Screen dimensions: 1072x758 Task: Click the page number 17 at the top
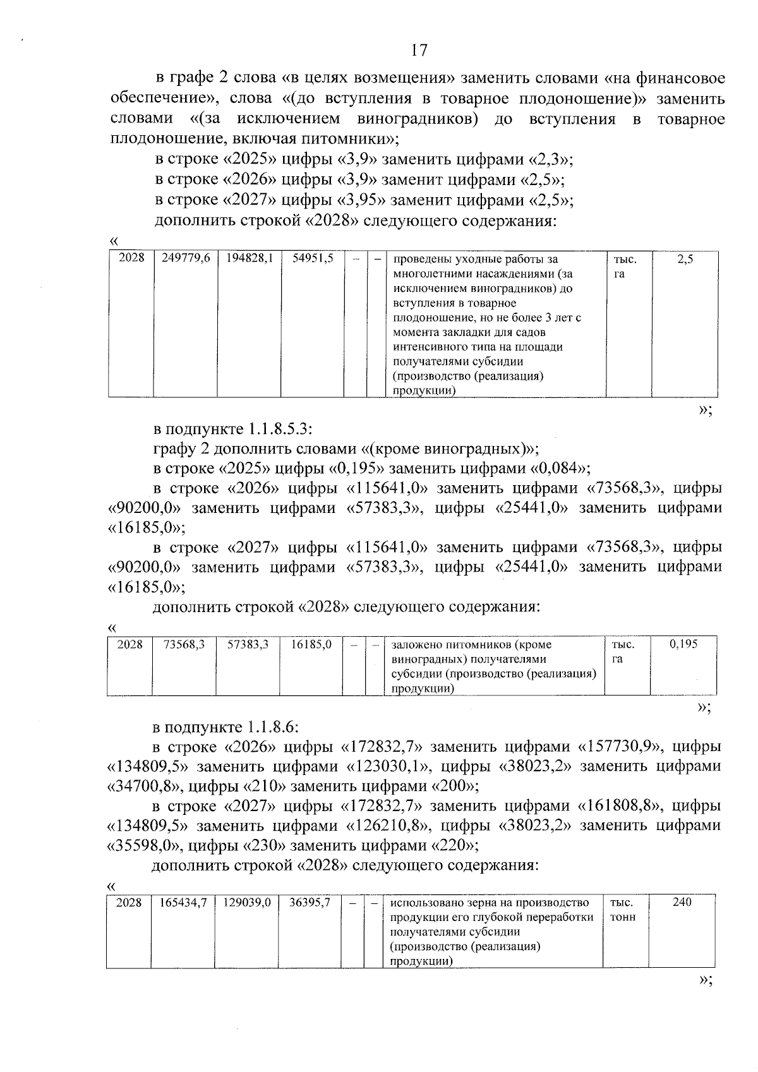(x=419, y=50)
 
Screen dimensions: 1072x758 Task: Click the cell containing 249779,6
(x=186, y=258)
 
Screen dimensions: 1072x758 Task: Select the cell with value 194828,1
(x=250, y=258)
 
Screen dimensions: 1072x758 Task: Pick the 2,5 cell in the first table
(x=685, y=259)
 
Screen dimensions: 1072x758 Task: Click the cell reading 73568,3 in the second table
(x=184, y=644)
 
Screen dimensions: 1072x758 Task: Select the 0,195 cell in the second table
(x=683, y=644)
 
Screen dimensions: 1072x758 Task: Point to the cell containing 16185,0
(x=311, y=644)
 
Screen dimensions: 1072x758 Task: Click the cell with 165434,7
(x=183, y=903)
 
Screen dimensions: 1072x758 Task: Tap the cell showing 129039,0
(x=247, y=903)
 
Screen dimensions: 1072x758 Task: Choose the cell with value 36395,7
(x=310, y=903)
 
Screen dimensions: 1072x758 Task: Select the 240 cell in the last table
(x=682, y=902)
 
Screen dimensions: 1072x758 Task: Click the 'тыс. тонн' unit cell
(x=623, y=910)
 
